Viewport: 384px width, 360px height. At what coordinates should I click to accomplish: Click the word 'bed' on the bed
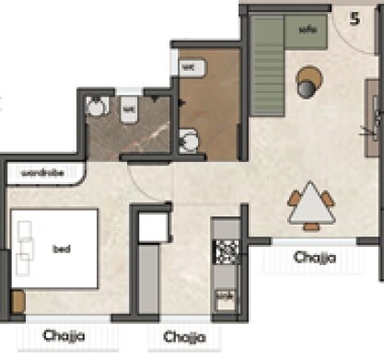pyautogui.click(x=62, y=249)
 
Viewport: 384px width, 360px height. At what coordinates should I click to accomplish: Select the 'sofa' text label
pyautogui.click(x=308, y=28)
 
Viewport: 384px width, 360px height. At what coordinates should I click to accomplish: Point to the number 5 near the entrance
pyautogui.click(x=355, y=19)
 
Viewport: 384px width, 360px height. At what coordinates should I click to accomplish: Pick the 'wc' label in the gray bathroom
pyautogui.click(x=128, y=107)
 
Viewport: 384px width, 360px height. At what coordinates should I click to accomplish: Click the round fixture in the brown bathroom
pyautogui.click(x=191, y=141)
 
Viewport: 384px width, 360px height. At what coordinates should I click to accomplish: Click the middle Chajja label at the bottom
pyautogui.click(x=182, y=336)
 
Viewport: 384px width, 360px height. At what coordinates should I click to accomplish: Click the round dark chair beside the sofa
pyautogui.click(x=306, y=85)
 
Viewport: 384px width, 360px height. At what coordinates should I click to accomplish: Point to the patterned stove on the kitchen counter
pyautogui.click(x=225, y=249)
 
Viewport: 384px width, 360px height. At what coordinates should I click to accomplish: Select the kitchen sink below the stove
pyautogui.click(x=224, y=299)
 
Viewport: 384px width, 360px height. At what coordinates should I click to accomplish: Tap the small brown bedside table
pyautogui.click(x=16, y=301)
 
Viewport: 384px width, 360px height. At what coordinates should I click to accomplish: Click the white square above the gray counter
pyautogui.click(x=151, y=225)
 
